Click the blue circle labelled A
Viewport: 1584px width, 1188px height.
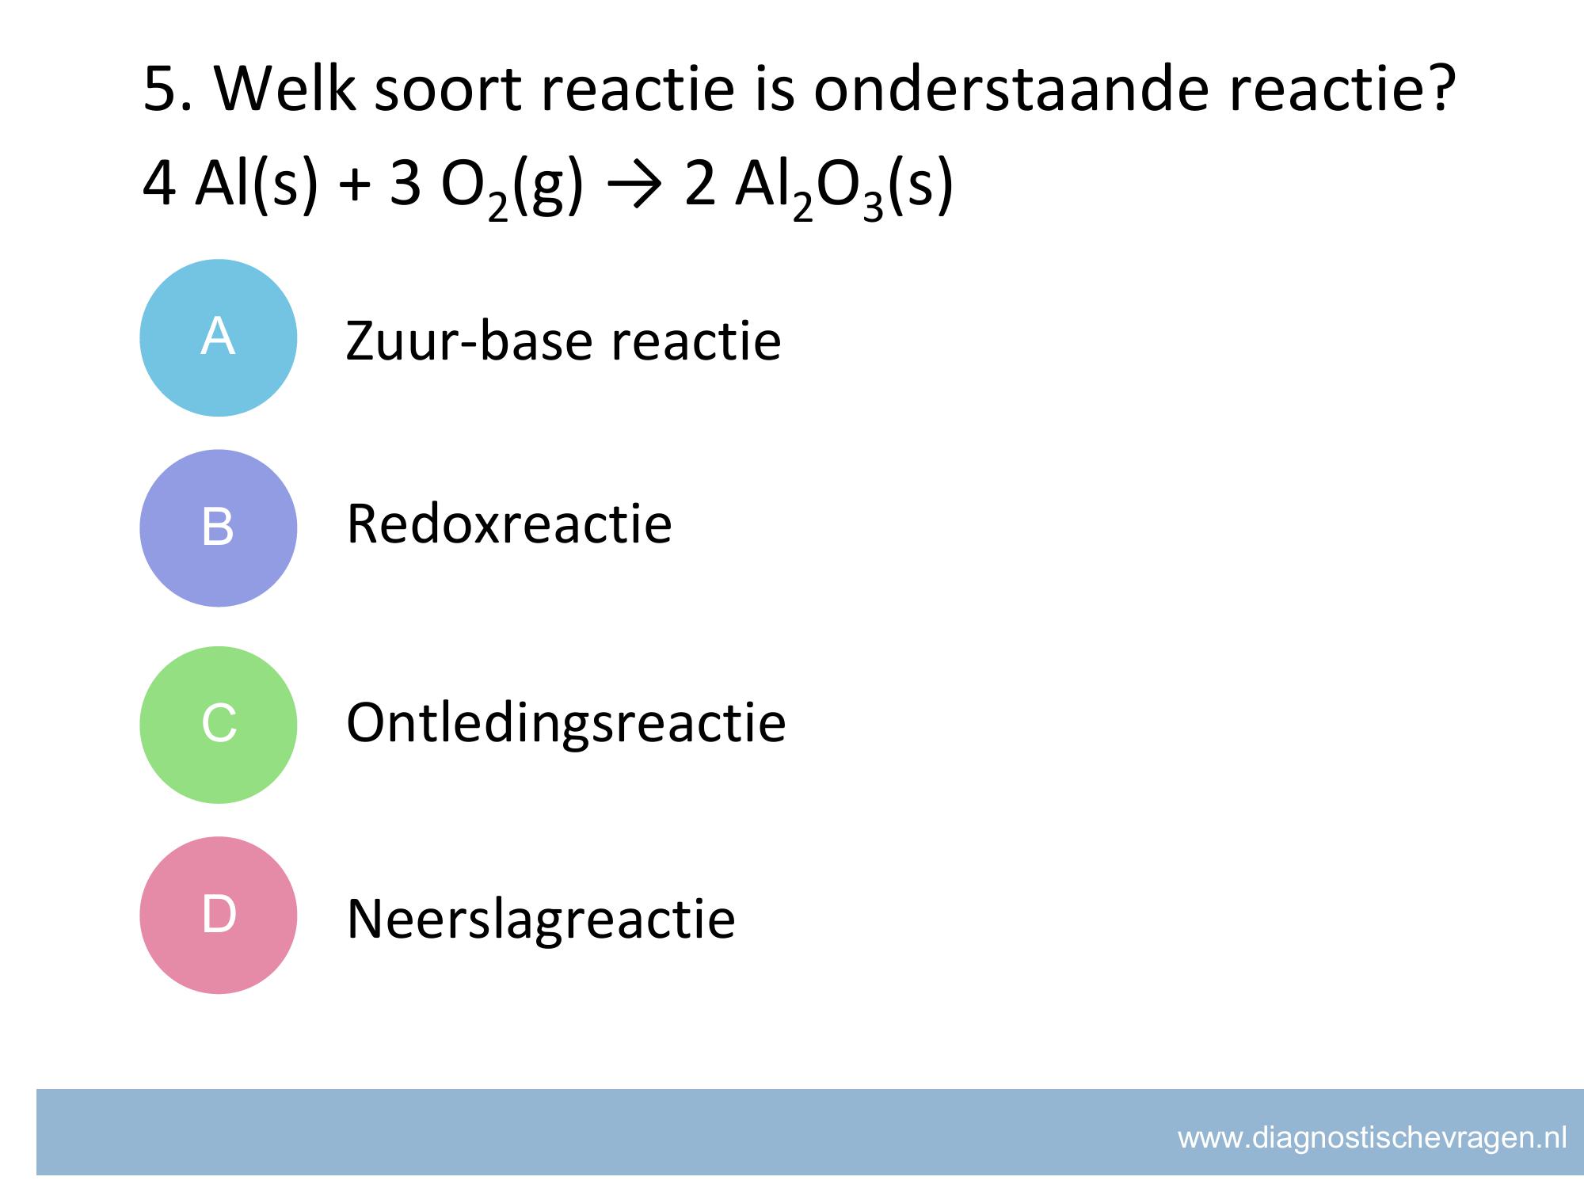219,338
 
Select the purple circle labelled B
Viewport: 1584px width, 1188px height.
219,528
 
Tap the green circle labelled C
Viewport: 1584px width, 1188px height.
219,725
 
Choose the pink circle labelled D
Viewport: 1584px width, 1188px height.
219,915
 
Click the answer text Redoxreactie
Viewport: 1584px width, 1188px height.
509,524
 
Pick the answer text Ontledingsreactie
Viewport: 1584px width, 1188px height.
566,724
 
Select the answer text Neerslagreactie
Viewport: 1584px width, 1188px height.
541,919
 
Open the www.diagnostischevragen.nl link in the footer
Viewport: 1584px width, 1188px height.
1373,1138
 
